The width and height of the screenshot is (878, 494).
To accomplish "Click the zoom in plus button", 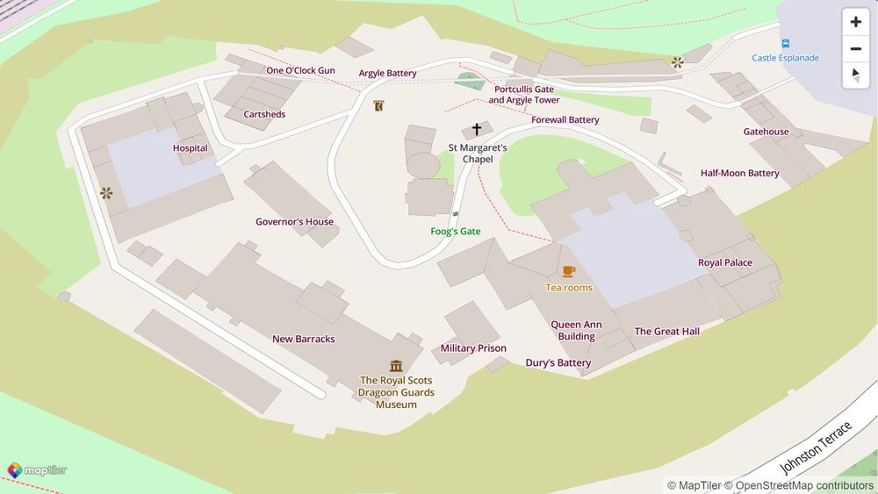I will point(856,22).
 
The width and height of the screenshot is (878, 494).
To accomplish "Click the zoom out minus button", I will point(856,48).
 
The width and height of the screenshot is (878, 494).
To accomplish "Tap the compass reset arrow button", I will point(856,75).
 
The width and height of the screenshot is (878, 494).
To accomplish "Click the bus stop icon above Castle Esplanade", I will point(785,43).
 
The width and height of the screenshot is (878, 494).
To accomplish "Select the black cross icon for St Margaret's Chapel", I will point(477,130).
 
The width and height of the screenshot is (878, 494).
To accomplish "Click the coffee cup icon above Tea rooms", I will point(569,271).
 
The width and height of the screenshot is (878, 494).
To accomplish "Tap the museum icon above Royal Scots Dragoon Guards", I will point(396,365).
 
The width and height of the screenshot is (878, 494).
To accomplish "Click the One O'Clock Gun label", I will point(300,70).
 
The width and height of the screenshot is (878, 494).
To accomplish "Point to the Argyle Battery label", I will point(387,74).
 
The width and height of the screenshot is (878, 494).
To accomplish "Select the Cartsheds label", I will point(264,115).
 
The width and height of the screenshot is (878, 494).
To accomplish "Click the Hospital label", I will point(190,148).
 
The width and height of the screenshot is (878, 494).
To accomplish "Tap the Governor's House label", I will point(294,222).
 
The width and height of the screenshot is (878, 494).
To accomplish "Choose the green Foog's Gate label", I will point(456,232).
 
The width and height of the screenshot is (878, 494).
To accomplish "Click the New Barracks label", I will point(303,340).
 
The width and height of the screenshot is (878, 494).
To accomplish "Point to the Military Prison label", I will point(473,348).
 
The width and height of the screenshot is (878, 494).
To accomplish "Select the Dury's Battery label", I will point(558,363).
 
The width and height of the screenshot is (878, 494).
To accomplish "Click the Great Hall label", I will point(666,332).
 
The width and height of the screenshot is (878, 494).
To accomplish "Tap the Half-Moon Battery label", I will point(739,174).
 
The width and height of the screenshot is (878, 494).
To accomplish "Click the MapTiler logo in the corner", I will point(37,470).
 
